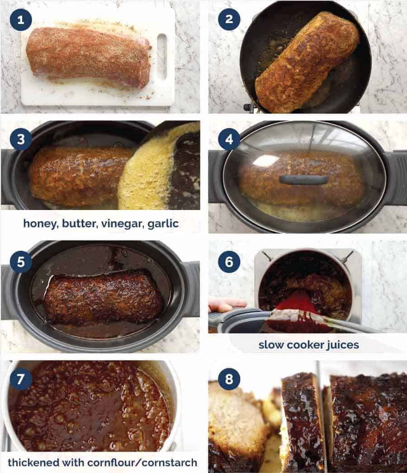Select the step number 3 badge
tap(21, 139)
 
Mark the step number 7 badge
tap(21, 380)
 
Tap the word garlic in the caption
tap(163, 224)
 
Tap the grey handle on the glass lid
tap(304, 180)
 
